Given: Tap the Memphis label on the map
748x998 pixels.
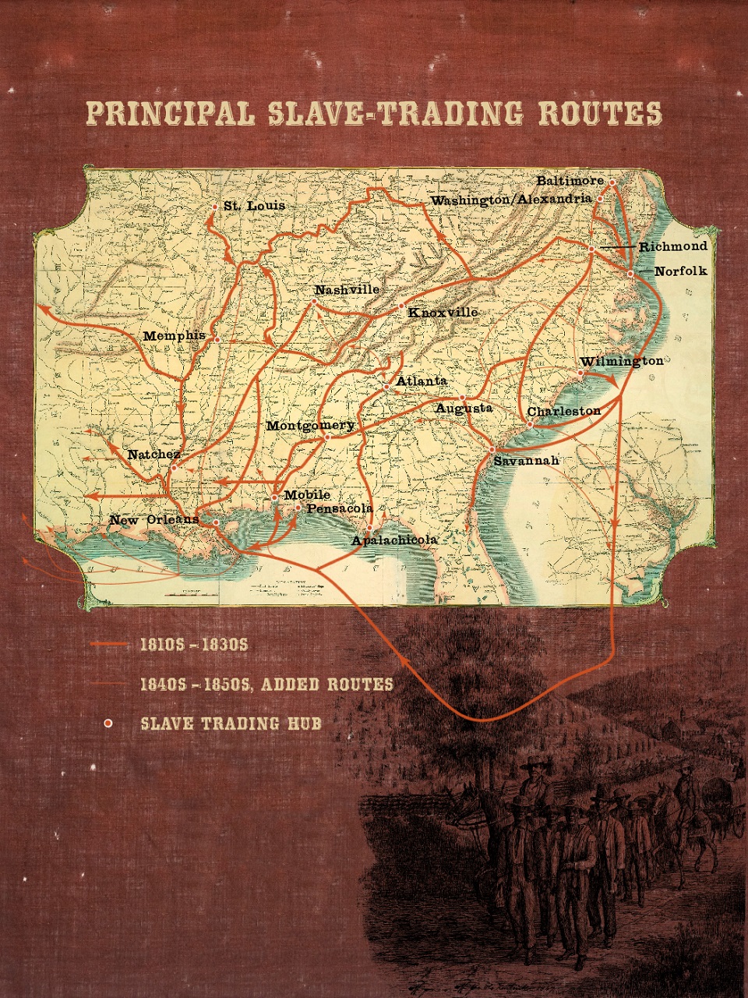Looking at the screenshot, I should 174,336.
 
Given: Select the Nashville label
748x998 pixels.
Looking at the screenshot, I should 347,290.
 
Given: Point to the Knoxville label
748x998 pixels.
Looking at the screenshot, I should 443,313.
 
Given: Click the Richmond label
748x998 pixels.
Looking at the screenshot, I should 673,246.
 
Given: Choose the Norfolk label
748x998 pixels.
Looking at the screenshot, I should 680,271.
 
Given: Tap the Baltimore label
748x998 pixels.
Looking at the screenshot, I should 570,181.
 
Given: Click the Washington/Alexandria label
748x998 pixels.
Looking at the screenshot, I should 510,200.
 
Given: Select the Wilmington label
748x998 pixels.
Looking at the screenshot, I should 621,362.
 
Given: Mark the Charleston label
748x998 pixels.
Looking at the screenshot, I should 563,411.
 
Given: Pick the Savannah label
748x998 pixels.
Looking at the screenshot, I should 526,461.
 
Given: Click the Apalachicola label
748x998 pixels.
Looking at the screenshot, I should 393,540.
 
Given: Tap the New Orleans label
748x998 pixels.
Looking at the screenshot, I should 154,520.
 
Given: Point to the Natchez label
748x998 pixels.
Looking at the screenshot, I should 153,455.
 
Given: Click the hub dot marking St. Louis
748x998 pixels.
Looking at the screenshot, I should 215,207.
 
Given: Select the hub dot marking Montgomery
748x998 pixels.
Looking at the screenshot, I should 327,437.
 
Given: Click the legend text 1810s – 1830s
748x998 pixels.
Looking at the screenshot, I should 193,645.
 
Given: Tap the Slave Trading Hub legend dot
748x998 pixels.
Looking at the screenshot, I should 108,724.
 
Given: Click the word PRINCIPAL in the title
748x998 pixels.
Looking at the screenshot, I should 170,114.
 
